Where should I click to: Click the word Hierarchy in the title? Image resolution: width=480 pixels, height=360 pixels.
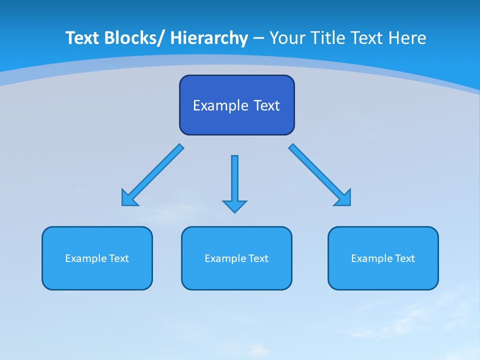(x=209, y=38)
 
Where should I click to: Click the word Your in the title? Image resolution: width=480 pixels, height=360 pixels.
(x=287, y=38)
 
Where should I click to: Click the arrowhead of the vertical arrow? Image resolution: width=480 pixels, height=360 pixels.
(x=234, y=205)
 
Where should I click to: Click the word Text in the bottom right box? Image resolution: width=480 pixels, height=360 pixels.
(x=404, y=258)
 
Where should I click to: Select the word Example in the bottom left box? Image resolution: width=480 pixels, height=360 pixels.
(x=86, y=258)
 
